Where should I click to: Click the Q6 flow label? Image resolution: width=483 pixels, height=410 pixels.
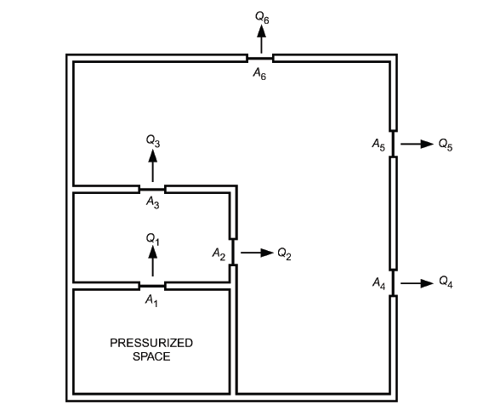(x=262, y=18)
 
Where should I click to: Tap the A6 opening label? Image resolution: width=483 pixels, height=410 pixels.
(x=259, y=74)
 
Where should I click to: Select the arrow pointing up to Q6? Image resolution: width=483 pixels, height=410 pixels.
(x=262, y=39)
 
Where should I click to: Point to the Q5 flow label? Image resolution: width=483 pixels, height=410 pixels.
(x=446, y=145)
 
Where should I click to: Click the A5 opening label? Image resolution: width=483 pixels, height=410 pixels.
(x=378, y=145)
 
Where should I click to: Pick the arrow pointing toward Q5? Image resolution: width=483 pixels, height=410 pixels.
(x=417, y=144)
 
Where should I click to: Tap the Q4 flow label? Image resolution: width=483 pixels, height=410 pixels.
(x=446, y=282)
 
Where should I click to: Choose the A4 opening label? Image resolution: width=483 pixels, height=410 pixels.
(x=379, y=283)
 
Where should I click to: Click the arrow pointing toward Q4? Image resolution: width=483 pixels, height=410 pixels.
(x=417, y=283)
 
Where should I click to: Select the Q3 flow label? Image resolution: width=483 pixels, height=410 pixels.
(x=153, y=141)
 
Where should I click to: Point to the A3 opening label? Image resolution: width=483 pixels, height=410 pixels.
(x=153, y=202)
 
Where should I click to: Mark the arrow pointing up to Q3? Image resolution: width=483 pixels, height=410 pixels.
(x=152, y=166)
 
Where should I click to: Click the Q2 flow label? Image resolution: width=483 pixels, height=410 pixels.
(x=284, y=253)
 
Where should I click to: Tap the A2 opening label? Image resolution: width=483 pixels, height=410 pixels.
(x=219, y=254)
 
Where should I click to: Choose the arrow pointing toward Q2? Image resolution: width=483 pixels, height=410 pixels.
(x=257, y=253)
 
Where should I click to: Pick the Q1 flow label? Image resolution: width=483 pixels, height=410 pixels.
(x=153, y=239)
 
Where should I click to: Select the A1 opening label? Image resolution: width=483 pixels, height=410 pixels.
(x=151, y=300)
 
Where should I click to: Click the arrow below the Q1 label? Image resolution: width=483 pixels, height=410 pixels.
(x=152, y=261)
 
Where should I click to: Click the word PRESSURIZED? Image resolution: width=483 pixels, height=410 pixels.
(x=151, y=343)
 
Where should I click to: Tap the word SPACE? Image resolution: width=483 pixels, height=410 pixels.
(x=151, y=356)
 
